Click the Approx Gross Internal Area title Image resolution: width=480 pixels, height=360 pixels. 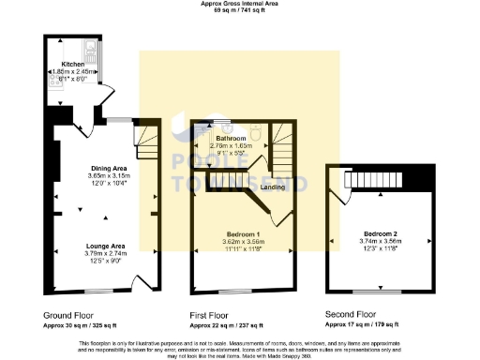click(240, 4)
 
